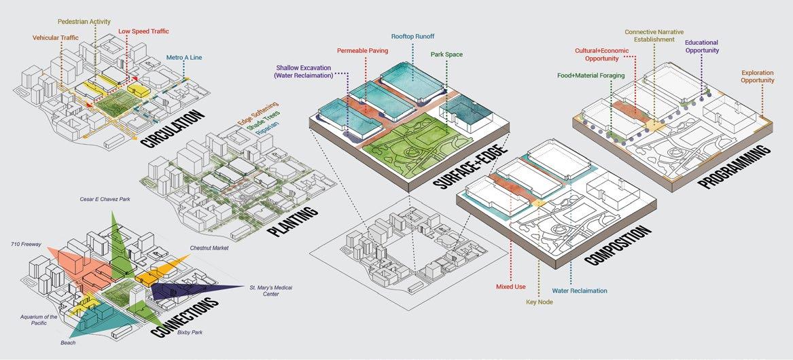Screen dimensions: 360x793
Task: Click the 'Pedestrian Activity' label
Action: [x=84, y=22]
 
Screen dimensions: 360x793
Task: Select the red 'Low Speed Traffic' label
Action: [x=143, y=31]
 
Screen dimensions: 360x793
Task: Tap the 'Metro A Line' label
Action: [x=184, y=58]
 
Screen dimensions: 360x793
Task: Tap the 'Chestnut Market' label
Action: [x=209, y=248]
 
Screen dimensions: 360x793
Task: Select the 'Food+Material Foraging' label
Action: [x=591, y=75]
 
